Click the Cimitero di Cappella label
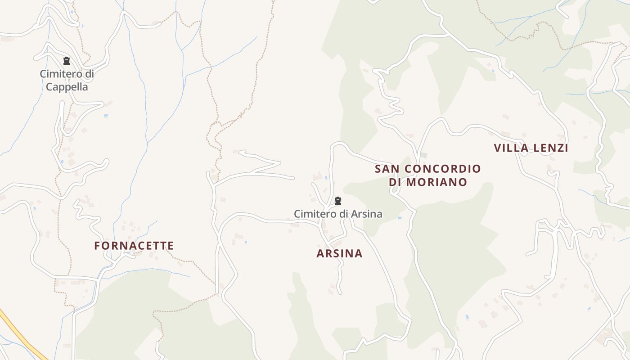(67, 80)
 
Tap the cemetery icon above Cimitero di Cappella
(67, 61)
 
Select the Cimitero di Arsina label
(338, 214)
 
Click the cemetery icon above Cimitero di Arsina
(338, 201)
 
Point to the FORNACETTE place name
(134, 246)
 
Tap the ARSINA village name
(339, 253)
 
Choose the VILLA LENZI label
(531, 148)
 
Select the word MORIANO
(436, 182)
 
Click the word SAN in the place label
(387, 169)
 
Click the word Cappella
(67, 87)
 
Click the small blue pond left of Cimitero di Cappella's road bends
(106, 116)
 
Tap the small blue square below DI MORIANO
(400, 218)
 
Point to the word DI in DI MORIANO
(395, 182)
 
